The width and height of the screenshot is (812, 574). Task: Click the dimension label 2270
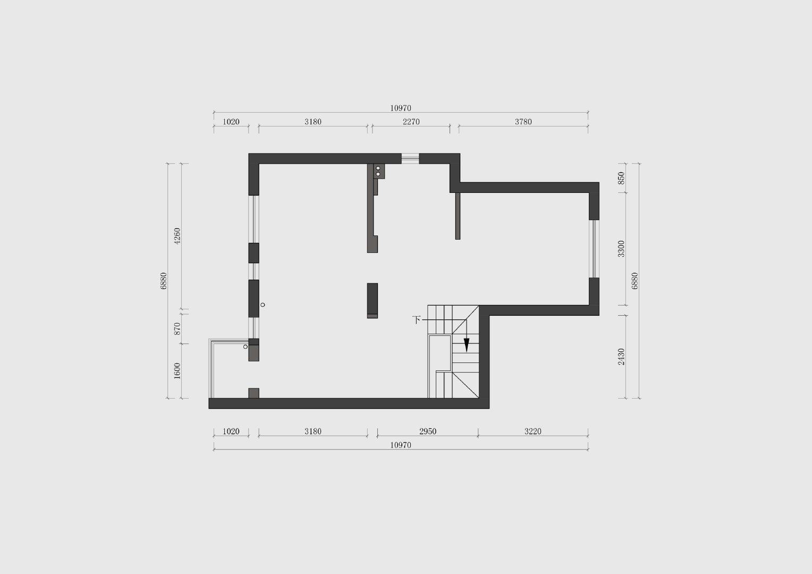tap(411, 122)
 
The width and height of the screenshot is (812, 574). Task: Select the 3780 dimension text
tap(523, 122)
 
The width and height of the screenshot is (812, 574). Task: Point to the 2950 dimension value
tap(428, 432)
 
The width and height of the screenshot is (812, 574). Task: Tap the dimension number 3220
tap(532, 432)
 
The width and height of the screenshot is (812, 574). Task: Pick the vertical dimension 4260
tap(177, 235)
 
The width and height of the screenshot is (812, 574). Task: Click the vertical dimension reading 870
tap(177, 328)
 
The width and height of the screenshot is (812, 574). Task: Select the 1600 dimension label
tap(177, 371)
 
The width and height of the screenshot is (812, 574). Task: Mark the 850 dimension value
tap(621, 178)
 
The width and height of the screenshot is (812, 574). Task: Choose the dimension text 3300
tap(621, 249)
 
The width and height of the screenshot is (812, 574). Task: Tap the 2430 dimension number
tap(621, 357)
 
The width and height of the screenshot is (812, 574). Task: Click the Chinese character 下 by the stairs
tap(417, 320)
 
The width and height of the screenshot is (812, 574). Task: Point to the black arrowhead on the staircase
tap(467, 345)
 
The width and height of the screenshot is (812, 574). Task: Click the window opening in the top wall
tap(410, 158)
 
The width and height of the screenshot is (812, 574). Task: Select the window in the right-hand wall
tap(594, 249)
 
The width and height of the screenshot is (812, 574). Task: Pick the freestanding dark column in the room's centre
tap(373, 301)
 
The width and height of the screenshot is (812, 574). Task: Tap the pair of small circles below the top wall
tap(378, 171)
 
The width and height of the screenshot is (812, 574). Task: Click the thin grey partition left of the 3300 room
tap(458, 216)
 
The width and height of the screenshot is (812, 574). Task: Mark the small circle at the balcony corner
tap(246, 347)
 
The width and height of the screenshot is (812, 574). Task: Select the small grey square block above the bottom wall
tap(254, 393)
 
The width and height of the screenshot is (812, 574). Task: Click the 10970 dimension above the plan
tap(401, 108)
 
